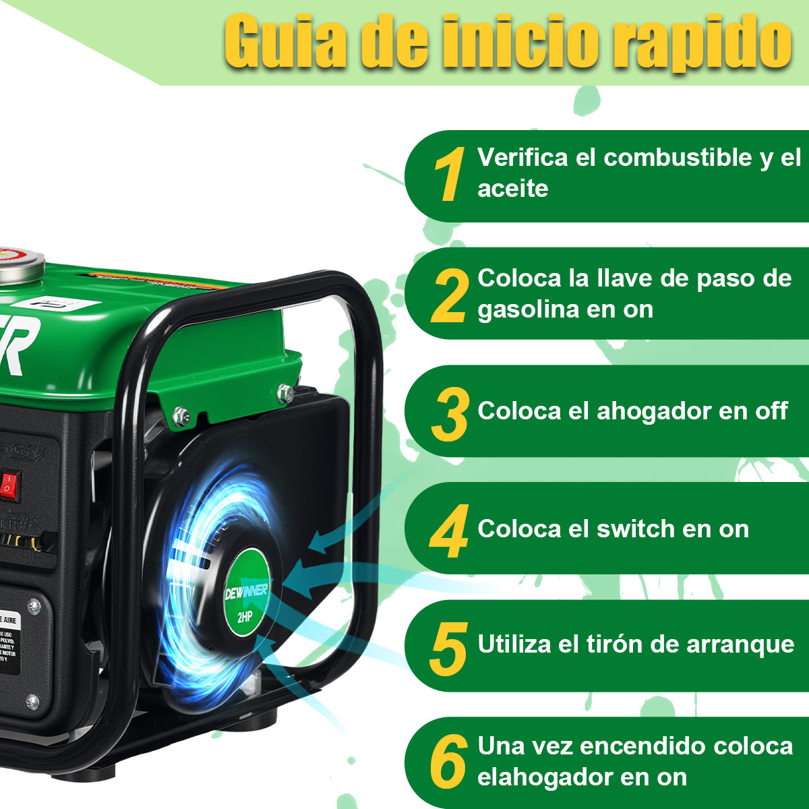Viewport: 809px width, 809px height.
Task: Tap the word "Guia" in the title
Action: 284,42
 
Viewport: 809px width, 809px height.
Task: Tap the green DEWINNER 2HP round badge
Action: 247,593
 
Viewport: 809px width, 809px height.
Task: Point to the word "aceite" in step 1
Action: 512,189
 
